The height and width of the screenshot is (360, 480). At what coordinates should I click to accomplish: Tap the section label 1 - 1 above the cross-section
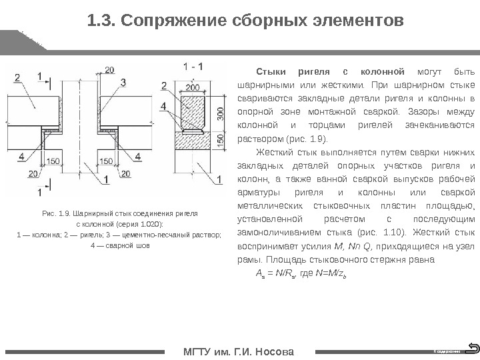193,67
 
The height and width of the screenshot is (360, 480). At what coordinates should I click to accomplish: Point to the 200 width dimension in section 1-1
193,87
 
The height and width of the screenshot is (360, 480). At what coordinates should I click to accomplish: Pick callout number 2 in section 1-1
164,85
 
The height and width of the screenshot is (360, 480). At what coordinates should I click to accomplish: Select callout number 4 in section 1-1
164,107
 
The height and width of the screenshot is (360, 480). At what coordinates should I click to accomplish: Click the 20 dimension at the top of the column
109,69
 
